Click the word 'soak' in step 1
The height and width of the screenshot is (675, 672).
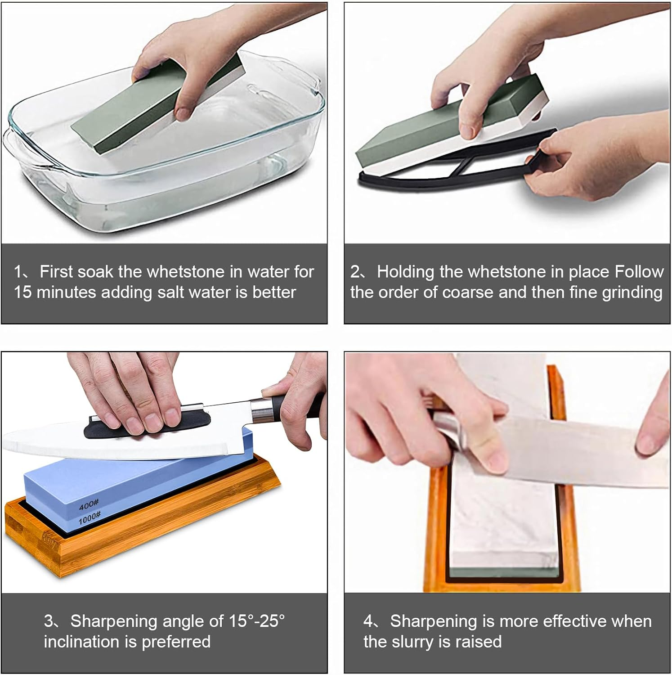coord(96,272)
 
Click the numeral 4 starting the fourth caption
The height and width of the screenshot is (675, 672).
coord(368,621)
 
